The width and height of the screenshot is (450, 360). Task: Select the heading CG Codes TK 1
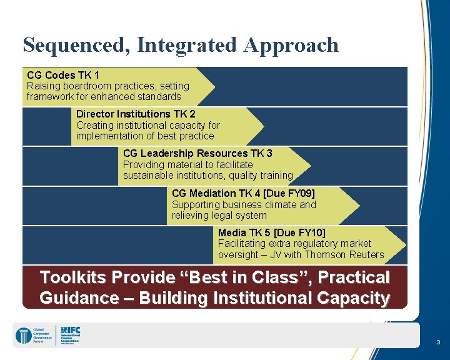click(x=63, y=75)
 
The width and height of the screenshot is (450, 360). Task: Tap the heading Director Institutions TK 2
click(x=136, y=114)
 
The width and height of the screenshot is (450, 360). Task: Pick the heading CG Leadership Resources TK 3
click(x=197, y=153)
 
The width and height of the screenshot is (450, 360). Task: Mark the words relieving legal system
click(x=219, y=215)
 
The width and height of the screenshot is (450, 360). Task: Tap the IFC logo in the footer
click(x=69, y=334)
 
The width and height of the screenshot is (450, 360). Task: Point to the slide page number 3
click(x=438, y=342)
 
